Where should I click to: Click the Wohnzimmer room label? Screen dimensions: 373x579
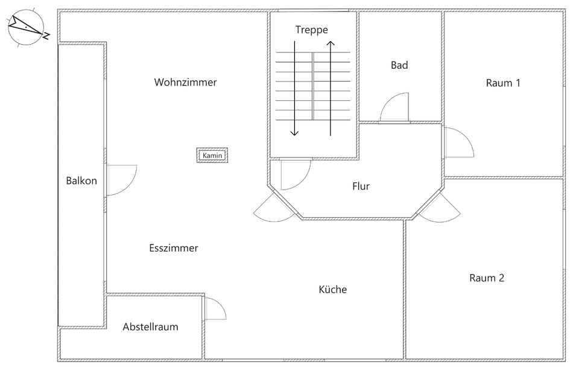pyautogui.click(x=185, y=82)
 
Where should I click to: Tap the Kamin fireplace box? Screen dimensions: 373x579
pyautogui.click(x=213, y=156)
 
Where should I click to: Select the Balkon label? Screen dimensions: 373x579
pyautogui.click(x=81, y=180)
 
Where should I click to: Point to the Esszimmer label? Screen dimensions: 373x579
pyautogui.click(x=173, y=248)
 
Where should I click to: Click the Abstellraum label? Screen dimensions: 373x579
pyautogui.click(x=150, y=327)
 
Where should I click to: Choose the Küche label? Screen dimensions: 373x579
pyautogui.click(x=333, y=290)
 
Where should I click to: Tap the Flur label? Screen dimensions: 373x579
pyautogui.click(x=361, y=186)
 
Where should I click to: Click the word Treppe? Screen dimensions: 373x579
pyautogui.click(x=312, y=30)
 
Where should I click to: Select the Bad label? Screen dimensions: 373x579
pyautogui.click(x=399, y=65)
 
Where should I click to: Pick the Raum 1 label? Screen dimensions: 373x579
pyautogui.click(x=503, y=83)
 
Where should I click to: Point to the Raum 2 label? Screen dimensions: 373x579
pyautogui.click(x=487, y=278)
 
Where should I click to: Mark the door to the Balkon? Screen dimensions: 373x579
pyautogui.click(x=121, y=180)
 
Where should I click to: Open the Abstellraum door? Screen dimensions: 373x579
pyautogui.click(x=215, y=309)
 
